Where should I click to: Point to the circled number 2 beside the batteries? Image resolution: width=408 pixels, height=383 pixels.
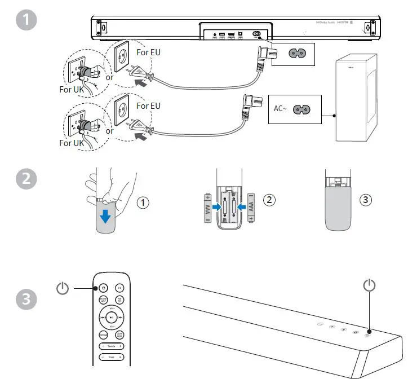click(269, 200)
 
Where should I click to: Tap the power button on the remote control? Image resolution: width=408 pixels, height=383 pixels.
click(104, 288)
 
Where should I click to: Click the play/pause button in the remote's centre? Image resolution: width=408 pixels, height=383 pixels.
click(112, 318)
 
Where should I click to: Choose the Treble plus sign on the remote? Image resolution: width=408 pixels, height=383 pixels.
click(120, 345)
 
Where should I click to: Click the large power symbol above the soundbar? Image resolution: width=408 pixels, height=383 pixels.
click(369, 285)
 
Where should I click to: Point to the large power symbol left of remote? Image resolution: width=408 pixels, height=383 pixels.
click(63, 289)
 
